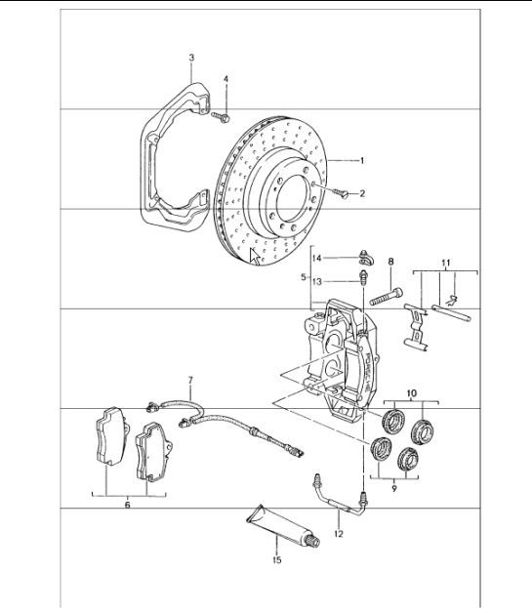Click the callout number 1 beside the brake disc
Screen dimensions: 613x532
pos(361,160)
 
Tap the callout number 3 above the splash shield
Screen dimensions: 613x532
pos(192,60)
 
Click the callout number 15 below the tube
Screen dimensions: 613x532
pos(276,560)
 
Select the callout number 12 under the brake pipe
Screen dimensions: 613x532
pos(338,534)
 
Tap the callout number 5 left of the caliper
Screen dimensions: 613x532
pos(305,277)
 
